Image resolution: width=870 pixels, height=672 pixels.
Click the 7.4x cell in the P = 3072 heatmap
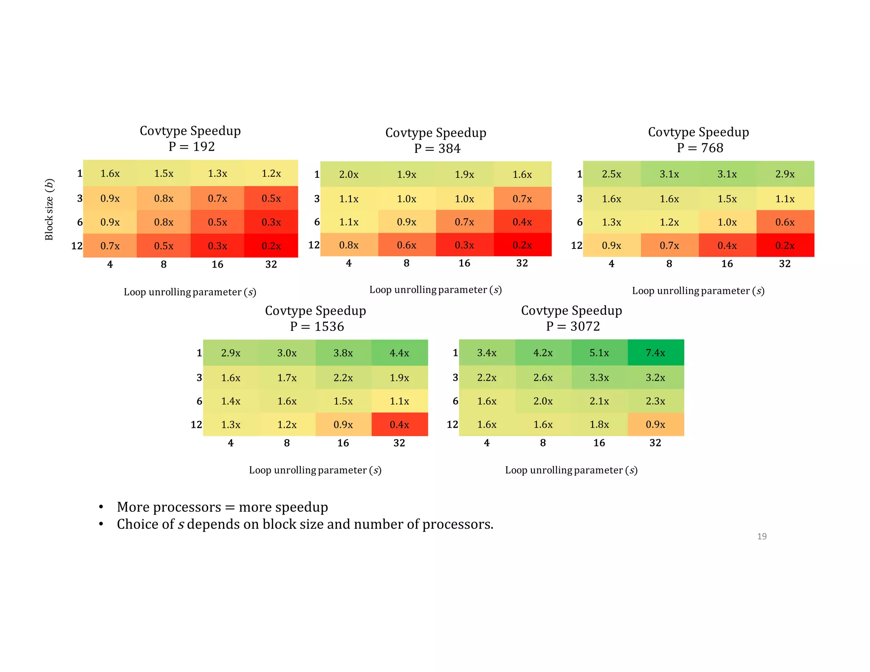pyautogui.click(x=655, y=353)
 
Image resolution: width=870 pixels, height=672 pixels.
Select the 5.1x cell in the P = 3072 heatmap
pyautogui.click(x=599, y=353)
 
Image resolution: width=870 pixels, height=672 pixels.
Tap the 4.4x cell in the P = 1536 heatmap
pyautogui.click(x=399, y=353)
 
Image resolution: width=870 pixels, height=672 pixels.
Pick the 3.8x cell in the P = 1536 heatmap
pyautogui.click(x=343, y=353)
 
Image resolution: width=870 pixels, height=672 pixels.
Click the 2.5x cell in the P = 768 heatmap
pyautogui.click(x=611, y=174)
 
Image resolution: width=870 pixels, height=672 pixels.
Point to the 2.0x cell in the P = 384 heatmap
pyautogui.click(x=349, y=175)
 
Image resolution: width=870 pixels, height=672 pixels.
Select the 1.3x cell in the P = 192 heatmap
pyautogui.click(x=217, y=173)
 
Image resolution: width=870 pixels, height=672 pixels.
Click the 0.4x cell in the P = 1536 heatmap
pyautogui.click(x=399, y=424)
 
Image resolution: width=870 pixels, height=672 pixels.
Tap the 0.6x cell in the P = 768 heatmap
pyautogui.click(x=785, y=222)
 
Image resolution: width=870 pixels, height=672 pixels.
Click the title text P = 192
pyautogui.click(x=192, y=147)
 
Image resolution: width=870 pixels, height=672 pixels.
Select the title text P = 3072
pyautogui.click(x=573, y=326)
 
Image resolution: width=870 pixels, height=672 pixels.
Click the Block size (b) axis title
pyautogui.click(x=49, y=209)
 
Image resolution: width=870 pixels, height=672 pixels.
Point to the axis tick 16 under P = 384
pyautogui.click(x=464, y=263)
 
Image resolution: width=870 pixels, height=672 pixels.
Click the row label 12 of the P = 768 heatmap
pyautogui.click(x=576, y=246)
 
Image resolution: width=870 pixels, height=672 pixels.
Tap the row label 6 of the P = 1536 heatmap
pyautogui.click(x=199, y=401)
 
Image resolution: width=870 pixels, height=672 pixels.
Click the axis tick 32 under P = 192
pyautogui.click(x=271, y=265)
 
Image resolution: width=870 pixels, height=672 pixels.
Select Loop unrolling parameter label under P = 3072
pyautogui.click(x=571, y=470)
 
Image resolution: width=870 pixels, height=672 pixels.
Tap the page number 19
pyautogui.click(x=762, y=536)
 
